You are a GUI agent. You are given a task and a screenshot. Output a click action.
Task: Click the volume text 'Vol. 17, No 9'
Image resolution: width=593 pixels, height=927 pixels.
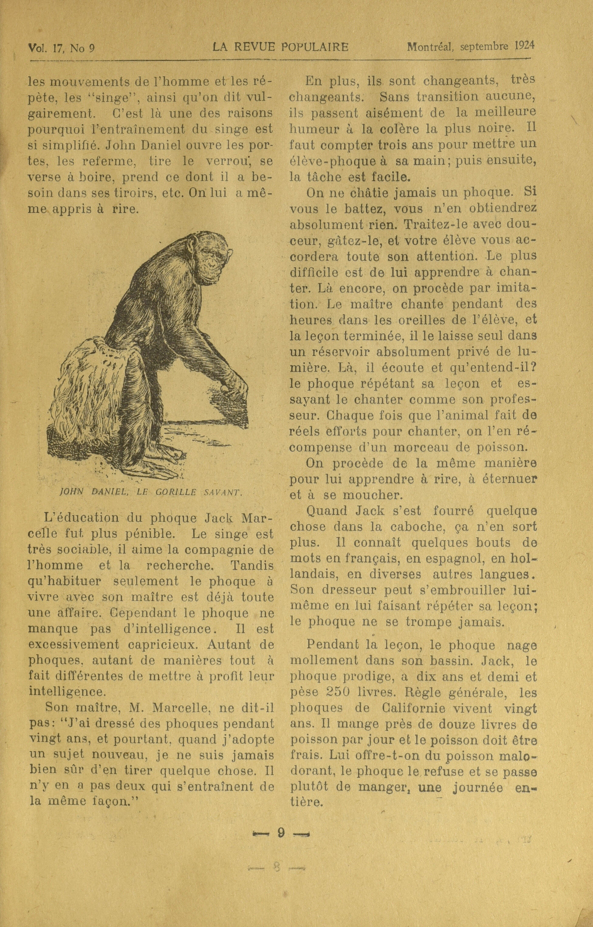coord(61,48)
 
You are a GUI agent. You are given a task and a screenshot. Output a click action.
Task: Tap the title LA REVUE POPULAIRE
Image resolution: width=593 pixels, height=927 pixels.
coord(280,47)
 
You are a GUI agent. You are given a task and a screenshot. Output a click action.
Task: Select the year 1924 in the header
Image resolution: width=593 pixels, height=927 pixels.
coord(524,46)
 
